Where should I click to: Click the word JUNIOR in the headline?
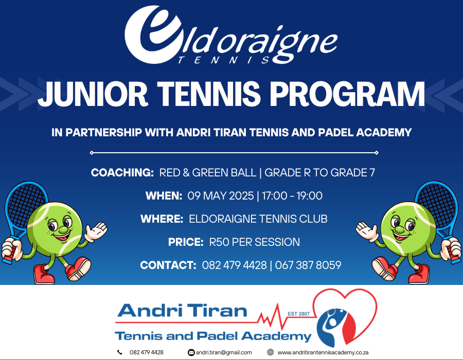pyautogui.click(x=93, y=94)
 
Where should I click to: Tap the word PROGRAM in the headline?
pyautogui.click(x=347, y=94)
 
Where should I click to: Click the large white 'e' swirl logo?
pyautogui.click(x=153, y=34)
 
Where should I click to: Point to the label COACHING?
pyautogui.click(x=122, y=173)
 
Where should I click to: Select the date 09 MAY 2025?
pyautogui.click(x=221, y=195)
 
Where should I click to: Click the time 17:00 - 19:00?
pyautogui.click(x=292, y=195)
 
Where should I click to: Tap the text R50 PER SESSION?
pyautogui.click(x=255, y=242)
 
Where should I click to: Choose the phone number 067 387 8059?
pyautogui.click(x=308, y=265)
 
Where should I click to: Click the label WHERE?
pyautogui.click(x=162, y=219)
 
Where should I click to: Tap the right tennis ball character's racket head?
pyautogui.click(x=436, y=204)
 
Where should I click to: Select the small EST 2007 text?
pyautogui.click(x=298, y=314)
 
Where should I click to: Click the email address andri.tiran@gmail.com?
pyautogui.click(x=224, y=352)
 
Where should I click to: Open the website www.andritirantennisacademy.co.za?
pyautogui.click(x=323, y=352)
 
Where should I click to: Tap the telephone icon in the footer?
pyautogui.click(x=119, y=352)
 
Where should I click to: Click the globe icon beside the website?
pyautogui.click(x=270, y=352)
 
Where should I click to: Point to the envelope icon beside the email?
pyautogui.click(x=191, y=352)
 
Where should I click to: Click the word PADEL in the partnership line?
pyautogui.click(x=335, y=133)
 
